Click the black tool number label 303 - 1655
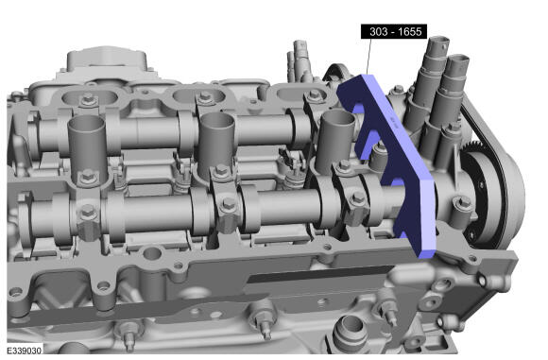tap(394, 31)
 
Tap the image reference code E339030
tap(25, 351)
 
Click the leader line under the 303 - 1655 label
tap(368, 57)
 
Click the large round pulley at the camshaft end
tap(496, 199)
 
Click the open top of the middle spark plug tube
tap(216, 120)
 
